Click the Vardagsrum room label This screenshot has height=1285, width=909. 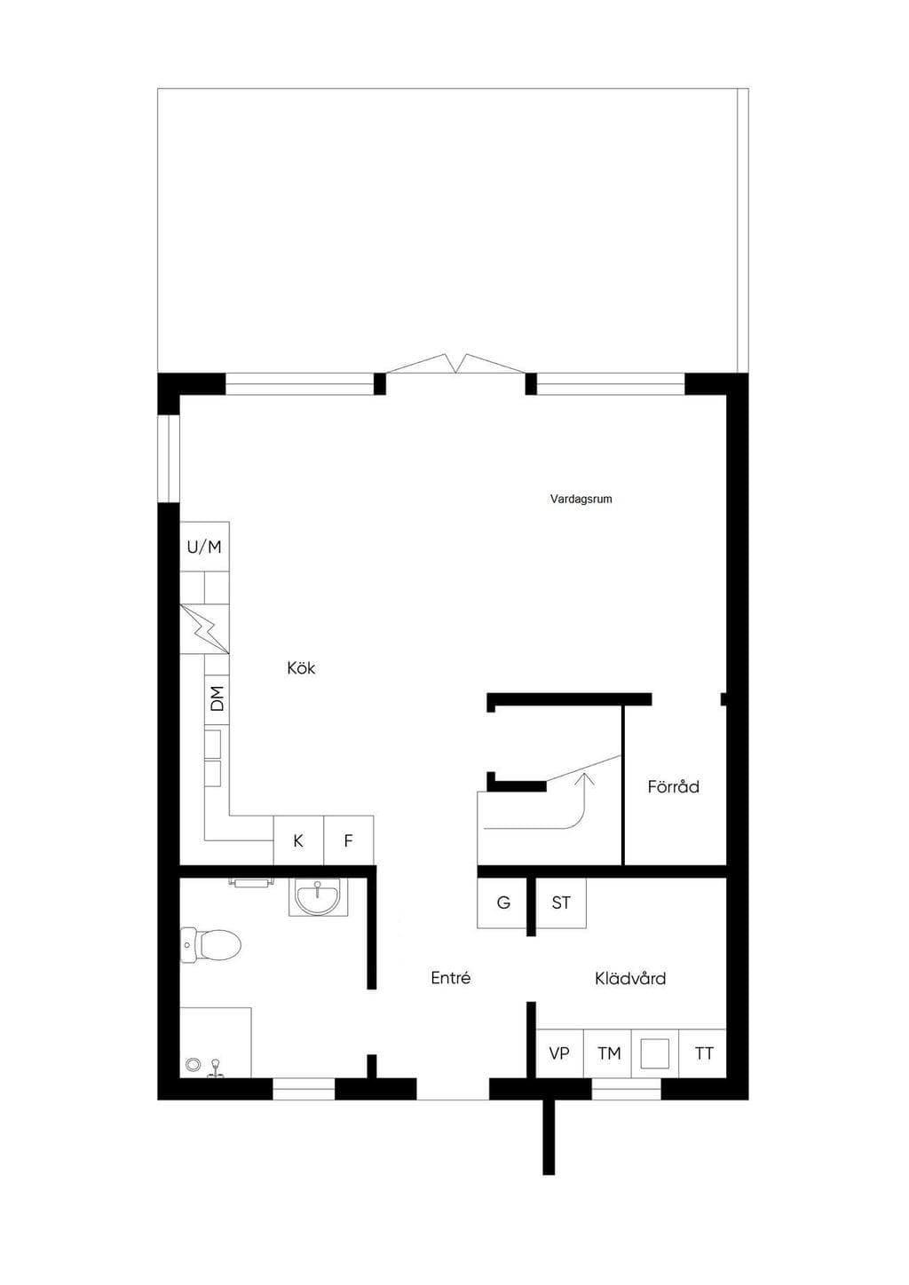tap(581, 499)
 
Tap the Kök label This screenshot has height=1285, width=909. tap(301, 668)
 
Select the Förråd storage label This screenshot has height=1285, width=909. tap(673, 786)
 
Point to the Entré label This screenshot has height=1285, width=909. tap(450, 978)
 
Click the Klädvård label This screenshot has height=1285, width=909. tap(630, 978)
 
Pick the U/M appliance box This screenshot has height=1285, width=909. tap(205, 546)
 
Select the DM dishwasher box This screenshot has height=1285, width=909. tap(217, 698)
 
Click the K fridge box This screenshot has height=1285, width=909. tap(298, 840)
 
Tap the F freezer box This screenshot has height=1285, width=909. tap(349, 840)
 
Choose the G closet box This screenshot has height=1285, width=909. tap(502, 903)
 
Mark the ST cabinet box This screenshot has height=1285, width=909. tap(561, 903)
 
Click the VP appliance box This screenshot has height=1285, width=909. tap(559, 1053)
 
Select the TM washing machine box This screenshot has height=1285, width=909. tap(608, 1053)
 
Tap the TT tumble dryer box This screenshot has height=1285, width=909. tap(703, 1053)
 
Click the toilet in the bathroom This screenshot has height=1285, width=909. tap(210, 944)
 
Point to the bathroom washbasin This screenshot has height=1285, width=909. tap(317, 896)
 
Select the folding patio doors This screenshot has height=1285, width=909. tap(455, 364)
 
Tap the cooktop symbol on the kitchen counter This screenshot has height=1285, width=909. tap(205, 629)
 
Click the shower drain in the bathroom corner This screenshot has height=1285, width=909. tap(194, 1065)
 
